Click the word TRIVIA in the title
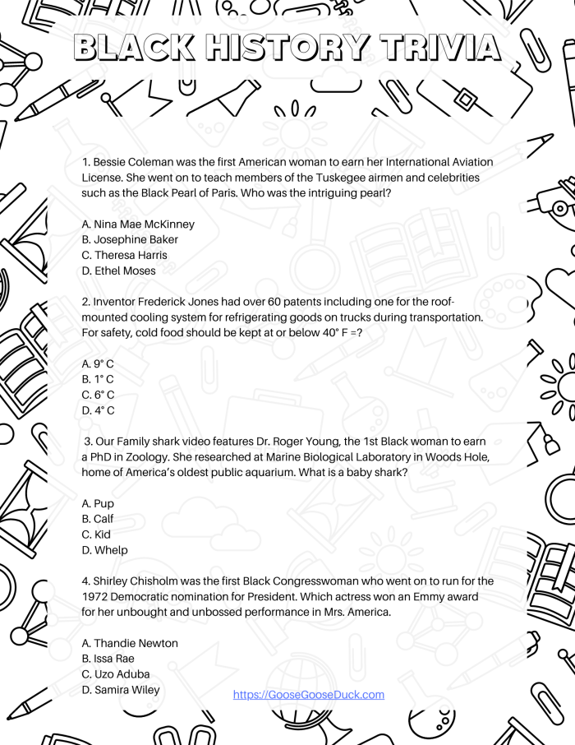click(440, 48)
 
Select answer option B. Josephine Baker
click(130, 239)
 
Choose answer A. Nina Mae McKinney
click(138, 224)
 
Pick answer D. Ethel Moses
click(118, 271)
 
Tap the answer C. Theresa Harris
click(124, 255)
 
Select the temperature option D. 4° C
click(98, 410)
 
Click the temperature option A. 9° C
click(98, 363)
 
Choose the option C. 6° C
click(98, 395)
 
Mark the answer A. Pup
click(98, 503)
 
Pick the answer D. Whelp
click(104, 550)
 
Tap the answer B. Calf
click(98, 519)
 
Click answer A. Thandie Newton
click(130, 643)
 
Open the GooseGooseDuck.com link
click(309, 695)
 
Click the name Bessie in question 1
click(111, 162)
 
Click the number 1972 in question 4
click(96, 596)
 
